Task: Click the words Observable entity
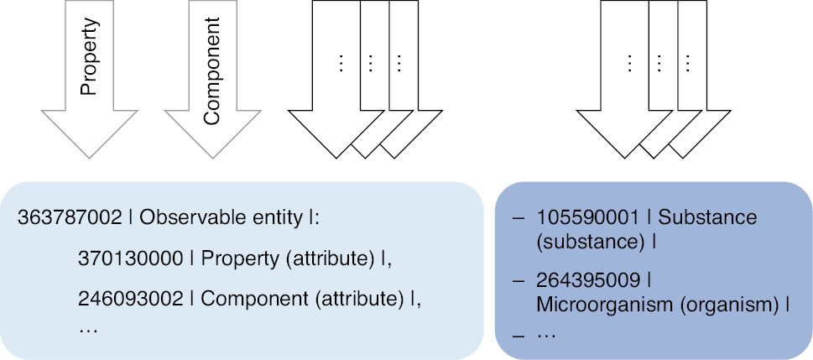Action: [x=221, y=218]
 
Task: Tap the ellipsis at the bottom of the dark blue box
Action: [x=546, y=334]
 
